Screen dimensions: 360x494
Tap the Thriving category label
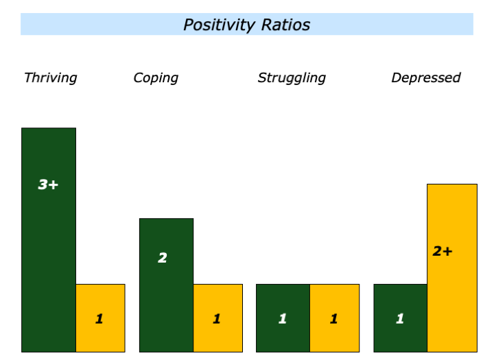tap(50, 77)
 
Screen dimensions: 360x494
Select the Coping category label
tap(156, 77)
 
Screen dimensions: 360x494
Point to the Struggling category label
tap(292, 77)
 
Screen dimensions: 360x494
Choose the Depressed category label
tap(425, 77)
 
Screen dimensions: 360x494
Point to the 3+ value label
tap(48, 184)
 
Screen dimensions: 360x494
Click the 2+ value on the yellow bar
tap(443, 251)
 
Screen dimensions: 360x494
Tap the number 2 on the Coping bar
tap(163, 258)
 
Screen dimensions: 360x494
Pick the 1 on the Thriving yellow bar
tap(99, 318)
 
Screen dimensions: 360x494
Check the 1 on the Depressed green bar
tap(400, 318)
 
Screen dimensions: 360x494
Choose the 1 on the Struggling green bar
tap(282, 318)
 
